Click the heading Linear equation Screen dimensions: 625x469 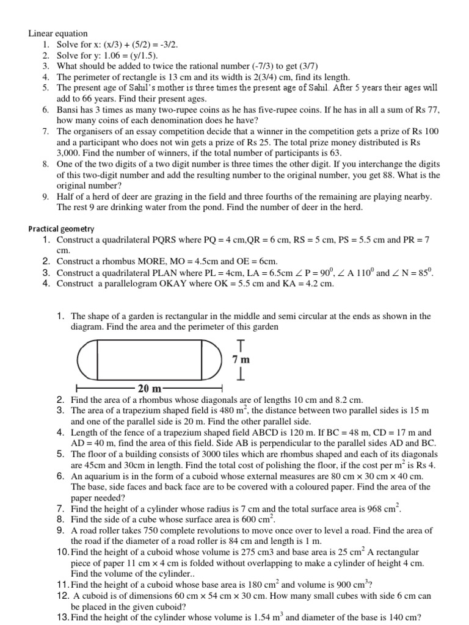pos(58,34)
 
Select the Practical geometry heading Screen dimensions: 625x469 pos(61,229)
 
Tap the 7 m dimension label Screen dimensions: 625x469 pos(241,361)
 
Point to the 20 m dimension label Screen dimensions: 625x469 pos(149,389)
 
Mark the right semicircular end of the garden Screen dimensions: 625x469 pos(211,361)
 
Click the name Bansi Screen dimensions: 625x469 pos(69,110)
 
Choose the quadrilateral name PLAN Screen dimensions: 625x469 pos(170,272)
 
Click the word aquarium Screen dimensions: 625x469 pos(103,476)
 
